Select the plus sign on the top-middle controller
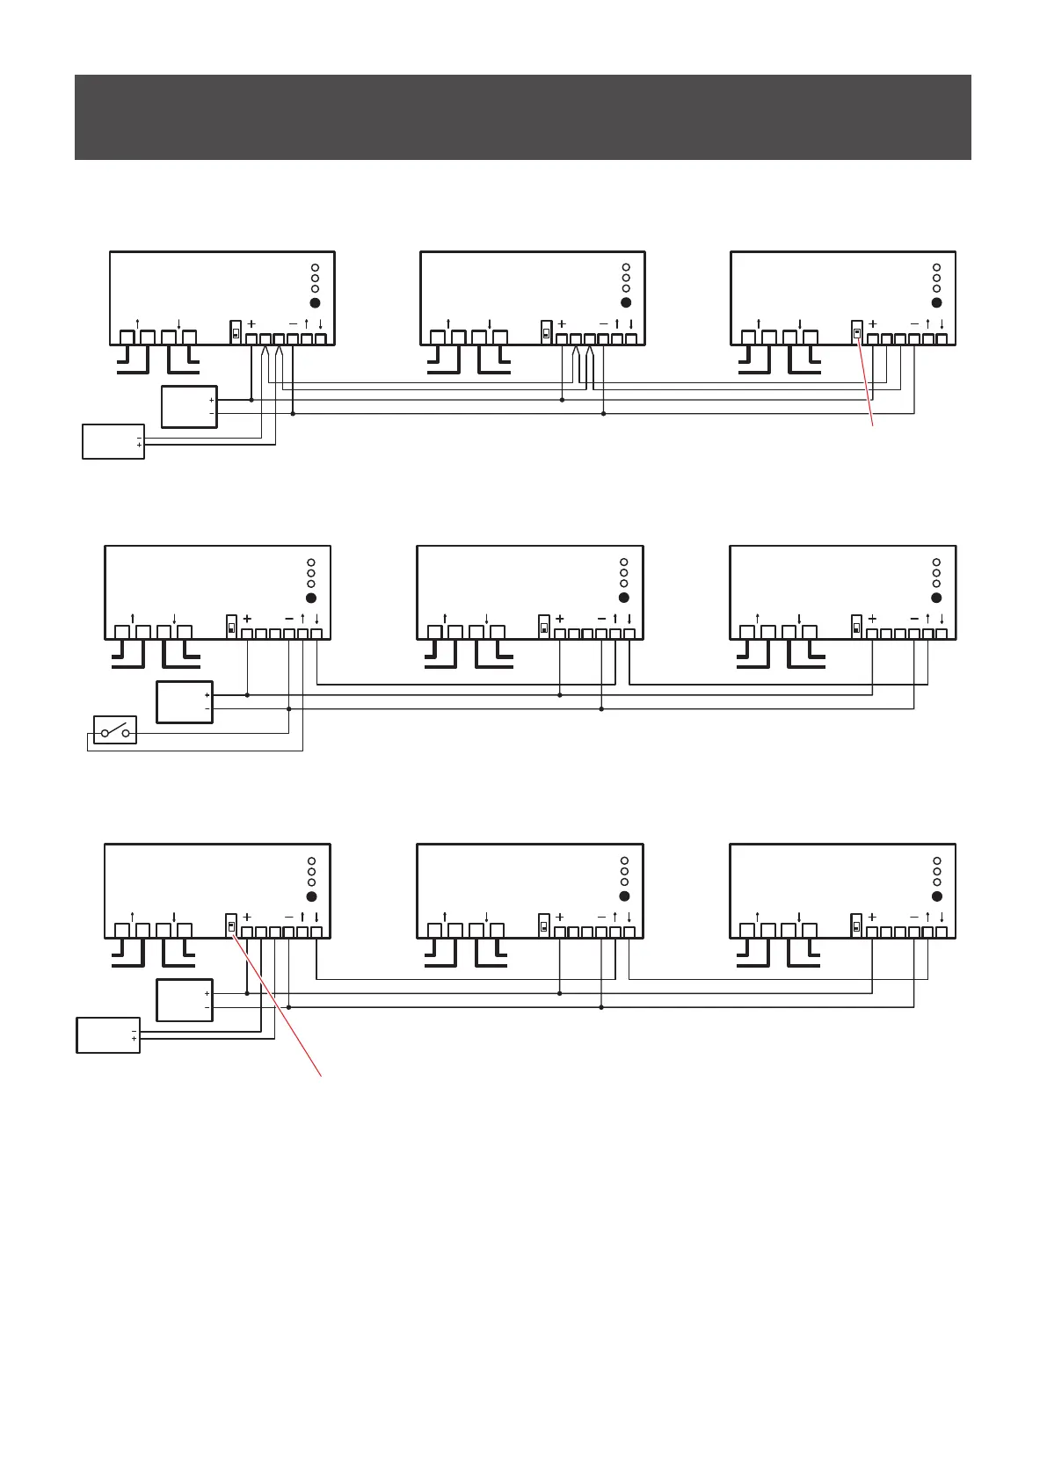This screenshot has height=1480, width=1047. (562, 323)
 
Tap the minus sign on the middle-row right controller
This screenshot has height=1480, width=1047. (914, 619)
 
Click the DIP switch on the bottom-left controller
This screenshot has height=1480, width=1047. (231, 925)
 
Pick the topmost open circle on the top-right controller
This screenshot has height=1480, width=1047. (936, 267)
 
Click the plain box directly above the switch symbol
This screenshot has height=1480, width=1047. (184, 701)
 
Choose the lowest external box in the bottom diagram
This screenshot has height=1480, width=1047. (108, 1034)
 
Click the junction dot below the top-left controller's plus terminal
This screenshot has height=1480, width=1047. (251, 400)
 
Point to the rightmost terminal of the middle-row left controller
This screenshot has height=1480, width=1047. (316, 634)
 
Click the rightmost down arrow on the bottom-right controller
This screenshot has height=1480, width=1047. (942, 917)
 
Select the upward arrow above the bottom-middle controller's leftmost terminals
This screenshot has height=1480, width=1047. (445, 915)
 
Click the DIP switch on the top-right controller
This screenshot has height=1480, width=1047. (858, 332)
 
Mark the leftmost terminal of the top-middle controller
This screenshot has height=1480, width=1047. (437, 337)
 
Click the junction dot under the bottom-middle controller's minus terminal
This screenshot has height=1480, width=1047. (601, 1007)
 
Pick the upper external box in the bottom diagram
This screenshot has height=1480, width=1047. (184, 1000)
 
